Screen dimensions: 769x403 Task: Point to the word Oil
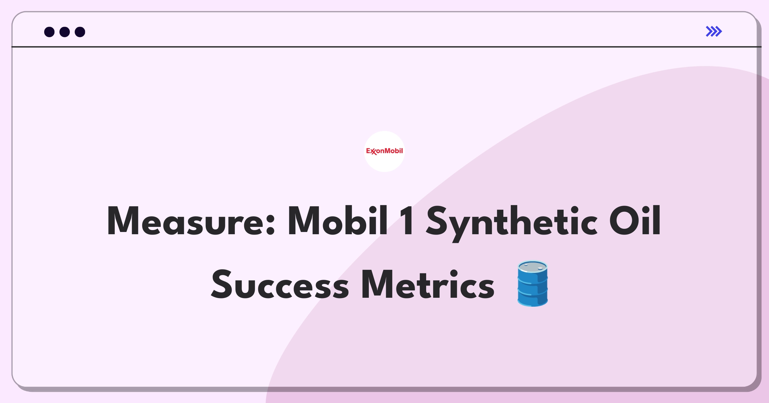coord(635,220)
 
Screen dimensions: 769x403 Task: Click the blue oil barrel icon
coord(533,284)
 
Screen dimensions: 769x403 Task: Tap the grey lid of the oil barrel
coord(533,267)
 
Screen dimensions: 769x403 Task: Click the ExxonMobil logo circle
coord(384,151)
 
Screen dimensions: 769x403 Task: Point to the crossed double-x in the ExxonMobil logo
coord(374,152)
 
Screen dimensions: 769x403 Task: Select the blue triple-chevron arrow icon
coord(714,31)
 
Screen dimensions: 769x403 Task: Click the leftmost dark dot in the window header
coord(49,32)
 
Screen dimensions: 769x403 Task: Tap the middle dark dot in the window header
coord(65,32)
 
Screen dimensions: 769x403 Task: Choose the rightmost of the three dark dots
coord(80,32)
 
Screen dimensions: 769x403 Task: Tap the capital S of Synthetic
coord(438,221)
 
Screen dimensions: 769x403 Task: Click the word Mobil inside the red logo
coord(393,151)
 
